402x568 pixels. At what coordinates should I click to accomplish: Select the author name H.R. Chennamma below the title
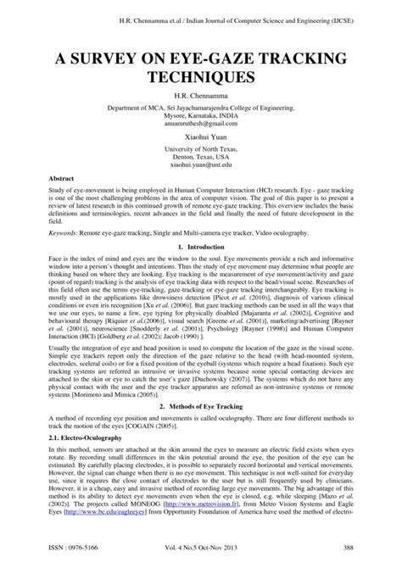(x=202, y=97)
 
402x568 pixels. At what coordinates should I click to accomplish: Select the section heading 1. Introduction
(x=202, y=247)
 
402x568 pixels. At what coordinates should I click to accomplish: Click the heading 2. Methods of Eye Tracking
(x=202, y=382)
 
